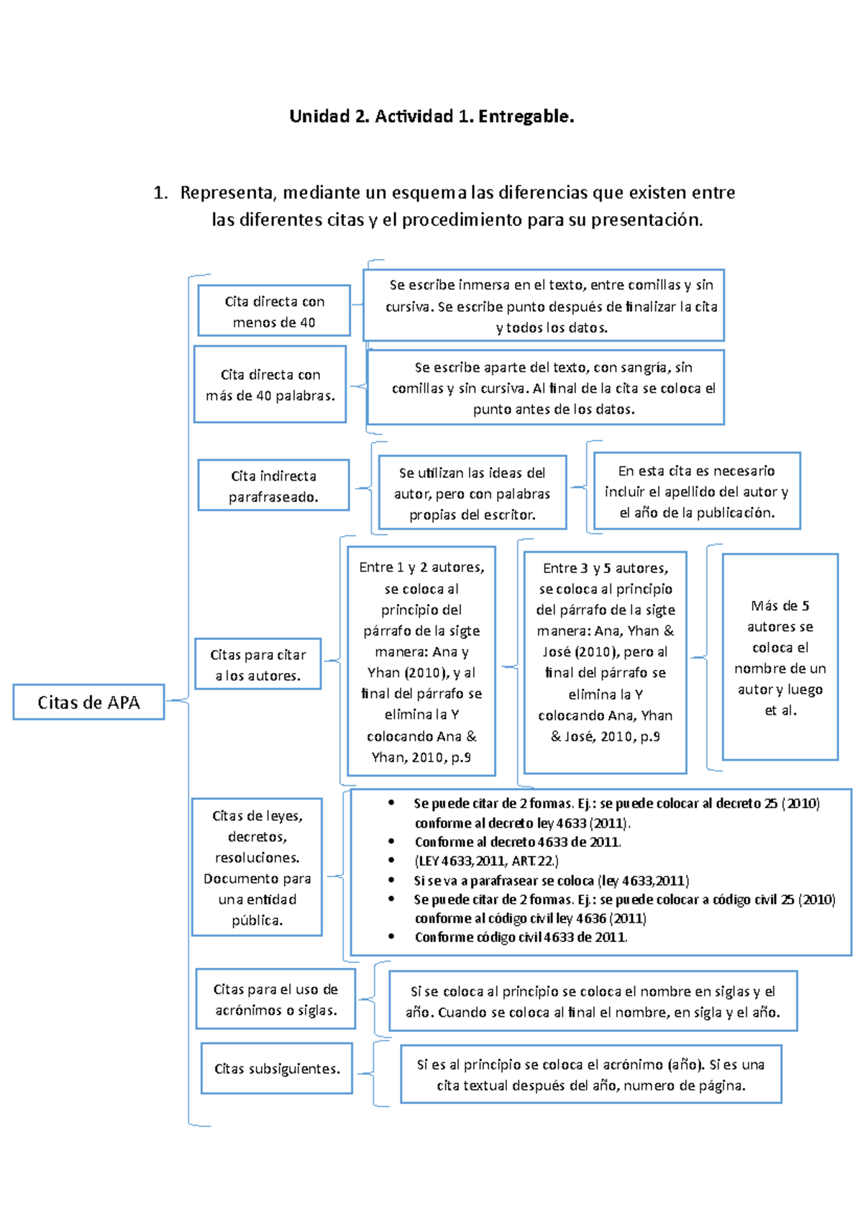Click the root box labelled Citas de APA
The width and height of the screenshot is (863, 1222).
point(88,702)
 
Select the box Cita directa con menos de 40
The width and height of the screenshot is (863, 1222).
point(274,311)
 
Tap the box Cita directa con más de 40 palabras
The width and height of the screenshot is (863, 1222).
point(270,384)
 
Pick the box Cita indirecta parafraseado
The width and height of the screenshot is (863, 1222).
point(273,486)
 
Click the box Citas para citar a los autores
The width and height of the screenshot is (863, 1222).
point(258,664)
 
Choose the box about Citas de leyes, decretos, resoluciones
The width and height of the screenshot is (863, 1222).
point(257,867)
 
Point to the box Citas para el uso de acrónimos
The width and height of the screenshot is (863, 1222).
point(275,999)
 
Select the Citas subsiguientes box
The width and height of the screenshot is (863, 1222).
point(277,1069)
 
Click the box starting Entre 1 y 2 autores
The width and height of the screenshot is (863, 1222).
point(421,662)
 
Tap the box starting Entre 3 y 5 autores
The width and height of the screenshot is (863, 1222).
point(606,662)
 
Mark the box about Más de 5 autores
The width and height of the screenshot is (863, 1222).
point(780,657)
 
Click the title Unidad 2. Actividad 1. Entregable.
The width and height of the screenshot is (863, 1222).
point(431,116)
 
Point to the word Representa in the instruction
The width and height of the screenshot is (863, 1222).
point(228,192)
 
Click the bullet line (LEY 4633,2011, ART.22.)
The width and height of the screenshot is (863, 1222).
point(486,861)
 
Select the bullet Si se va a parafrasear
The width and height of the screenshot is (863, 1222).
point(551,880)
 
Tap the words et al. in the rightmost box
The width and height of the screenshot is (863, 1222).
point(780,710)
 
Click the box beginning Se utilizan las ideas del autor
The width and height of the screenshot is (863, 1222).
point(472,493)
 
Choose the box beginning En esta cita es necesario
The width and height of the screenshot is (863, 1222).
point(696,491)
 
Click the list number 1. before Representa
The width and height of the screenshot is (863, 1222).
point(160,192)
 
